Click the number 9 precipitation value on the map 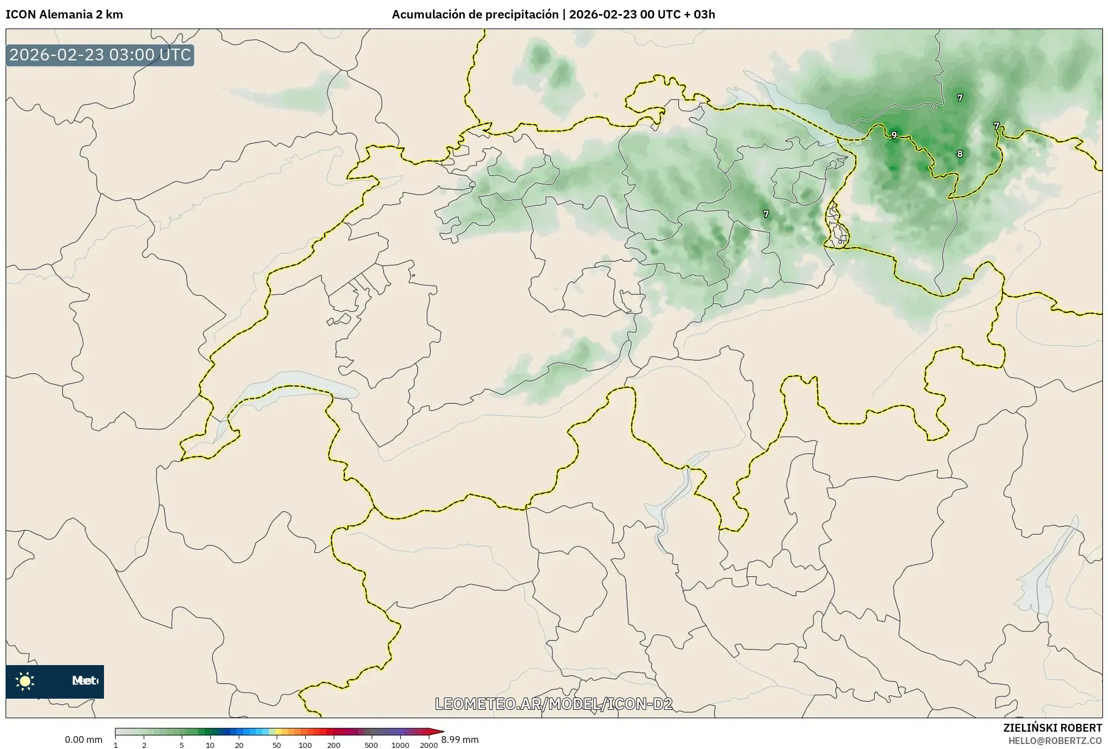pyautogui.click(x=894, y=135)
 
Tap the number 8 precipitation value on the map pyautogui.click(x=960, y=154)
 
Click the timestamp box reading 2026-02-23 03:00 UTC pyautogui.click(x=100, y=55)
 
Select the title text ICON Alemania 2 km pyautogui.click(x=64, y=15)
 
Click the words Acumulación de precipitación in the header pyautogui.click(x=475, y=15)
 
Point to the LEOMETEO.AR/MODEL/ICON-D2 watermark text pyautogui.click(x=553, y=704)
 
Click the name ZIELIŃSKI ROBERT pyautogui.click(x=1053, y=728)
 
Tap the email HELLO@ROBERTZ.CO pyautogui.click(x=1055, y=741)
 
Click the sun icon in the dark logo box pyautogui.click(x=25, y=681)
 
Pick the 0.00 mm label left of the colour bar pyautogui.click(x=83, y=739)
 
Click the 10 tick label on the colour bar pyautogui.click(x=210, y=745)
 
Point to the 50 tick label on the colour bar pyautogui.click(x=276, y=745)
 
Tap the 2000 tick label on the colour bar pyautogui.click(x=429, y=745)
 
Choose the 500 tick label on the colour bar pyautogui.click(x=371, y=745)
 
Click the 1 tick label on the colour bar pyautogui.click(x=116, y=745)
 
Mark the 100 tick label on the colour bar pyautogui.click(x=305, y=745)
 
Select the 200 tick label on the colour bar pyautogui.click(x=334, y=745)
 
